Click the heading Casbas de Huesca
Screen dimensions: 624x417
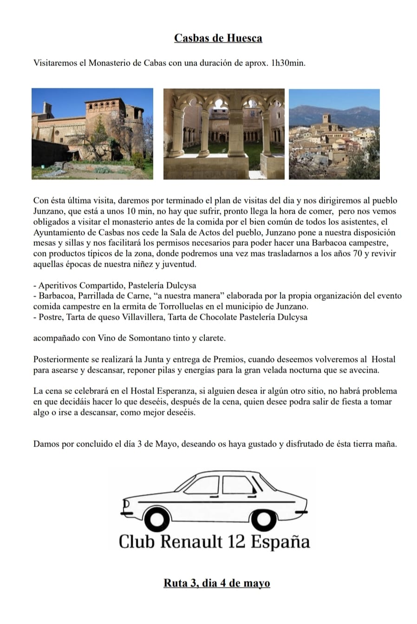[218, 38]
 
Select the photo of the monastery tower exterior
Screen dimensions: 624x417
[92, 134]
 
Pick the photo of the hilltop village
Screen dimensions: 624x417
[334, 134]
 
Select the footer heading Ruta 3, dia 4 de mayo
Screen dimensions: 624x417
[216, 583]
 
